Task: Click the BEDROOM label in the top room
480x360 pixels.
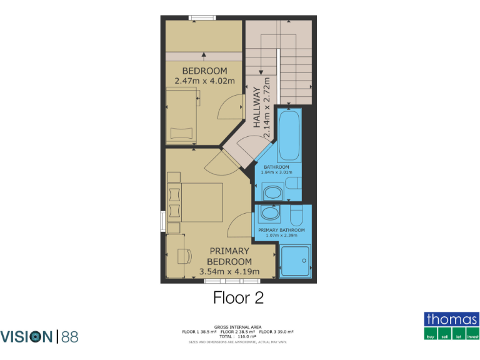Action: tap(204, 71)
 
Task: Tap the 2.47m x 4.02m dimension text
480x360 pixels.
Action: tap(204, 81)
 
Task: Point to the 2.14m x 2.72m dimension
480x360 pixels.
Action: tap(267, 108)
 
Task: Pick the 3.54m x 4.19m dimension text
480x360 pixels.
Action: tap(229, 271)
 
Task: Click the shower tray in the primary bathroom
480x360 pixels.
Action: tap(294, 259)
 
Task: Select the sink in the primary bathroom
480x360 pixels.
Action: tap(270, 213)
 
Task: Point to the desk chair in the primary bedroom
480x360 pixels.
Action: tap(183, 256)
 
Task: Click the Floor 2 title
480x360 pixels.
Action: tap(238, 297)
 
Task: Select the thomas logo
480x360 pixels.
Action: tap(451, 326)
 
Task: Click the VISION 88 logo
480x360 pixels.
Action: tap(39, 337)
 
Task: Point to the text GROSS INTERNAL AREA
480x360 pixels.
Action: tap(237, 327)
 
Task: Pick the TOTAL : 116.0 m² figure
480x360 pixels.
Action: tap(237, 336)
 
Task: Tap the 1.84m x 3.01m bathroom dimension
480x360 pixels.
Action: tap(276, 172)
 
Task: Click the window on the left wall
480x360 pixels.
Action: tap(162, 221)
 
